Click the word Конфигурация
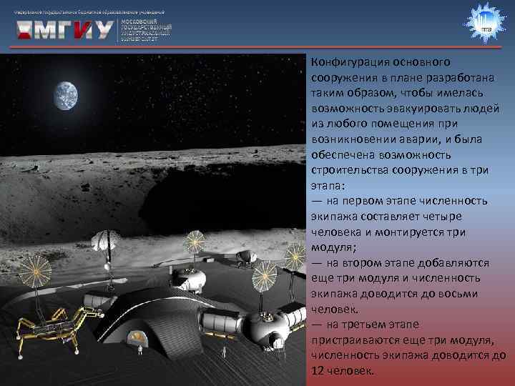346,61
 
